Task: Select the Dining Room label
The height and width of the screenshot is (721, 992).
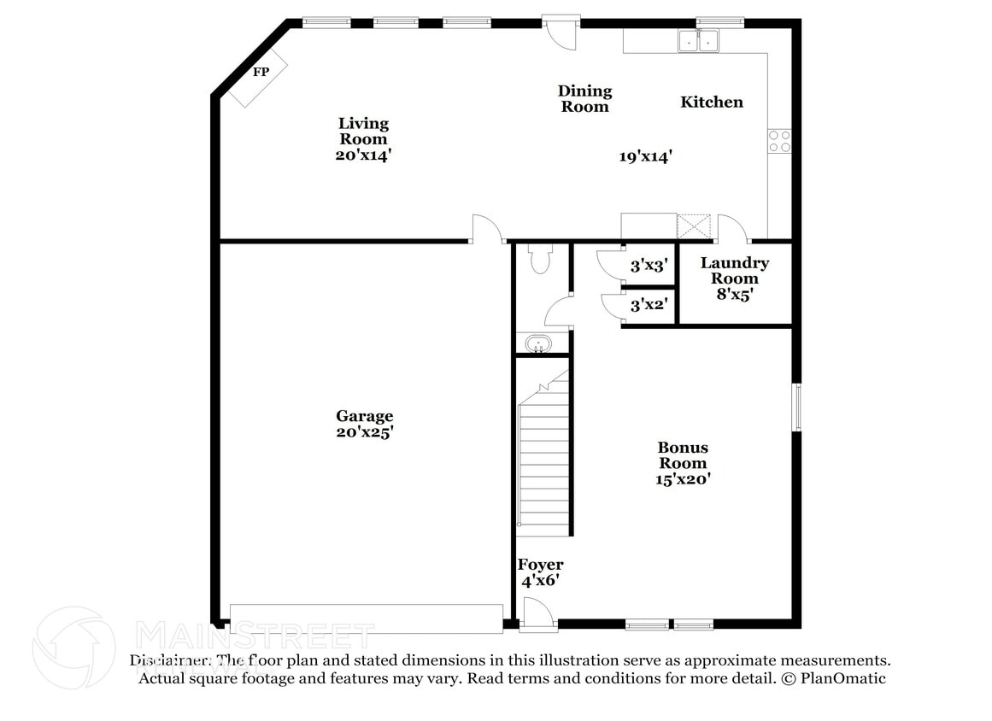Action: coord(584,98)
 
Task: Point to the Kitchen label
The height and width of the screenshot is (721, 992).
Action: coord(712,102)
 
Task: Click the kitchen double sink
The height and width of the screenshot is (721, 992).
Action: coord(698,39)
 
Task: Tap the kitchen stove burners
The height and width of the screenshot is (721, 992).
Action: coord(779,140)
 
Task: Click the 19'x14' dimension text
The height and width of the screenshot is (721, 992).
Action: coord(646,156)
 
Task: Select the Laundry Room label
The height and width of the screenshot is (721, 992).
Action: coord(735,271)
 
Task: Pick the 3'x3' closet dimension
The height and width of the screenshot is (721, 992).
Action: coord(649,266)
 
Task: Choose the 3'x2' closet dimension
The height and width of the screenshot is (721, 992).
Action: coord(649,304)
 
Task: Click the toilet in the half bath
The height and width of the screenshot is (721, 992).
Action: coord(540,259)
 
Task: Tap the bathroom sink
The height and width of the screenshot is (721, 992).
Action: coord(538,345)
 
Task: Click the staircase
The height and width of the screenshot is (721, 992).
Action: coord(544,461)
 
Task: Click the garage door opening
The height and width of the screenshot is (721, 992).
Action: coord(367,618)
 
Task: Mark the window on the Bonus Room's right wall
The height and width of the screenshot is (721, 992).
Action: coord(796,407)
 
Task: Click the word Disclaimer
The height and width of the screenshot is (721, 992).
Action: coord(168,660)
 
